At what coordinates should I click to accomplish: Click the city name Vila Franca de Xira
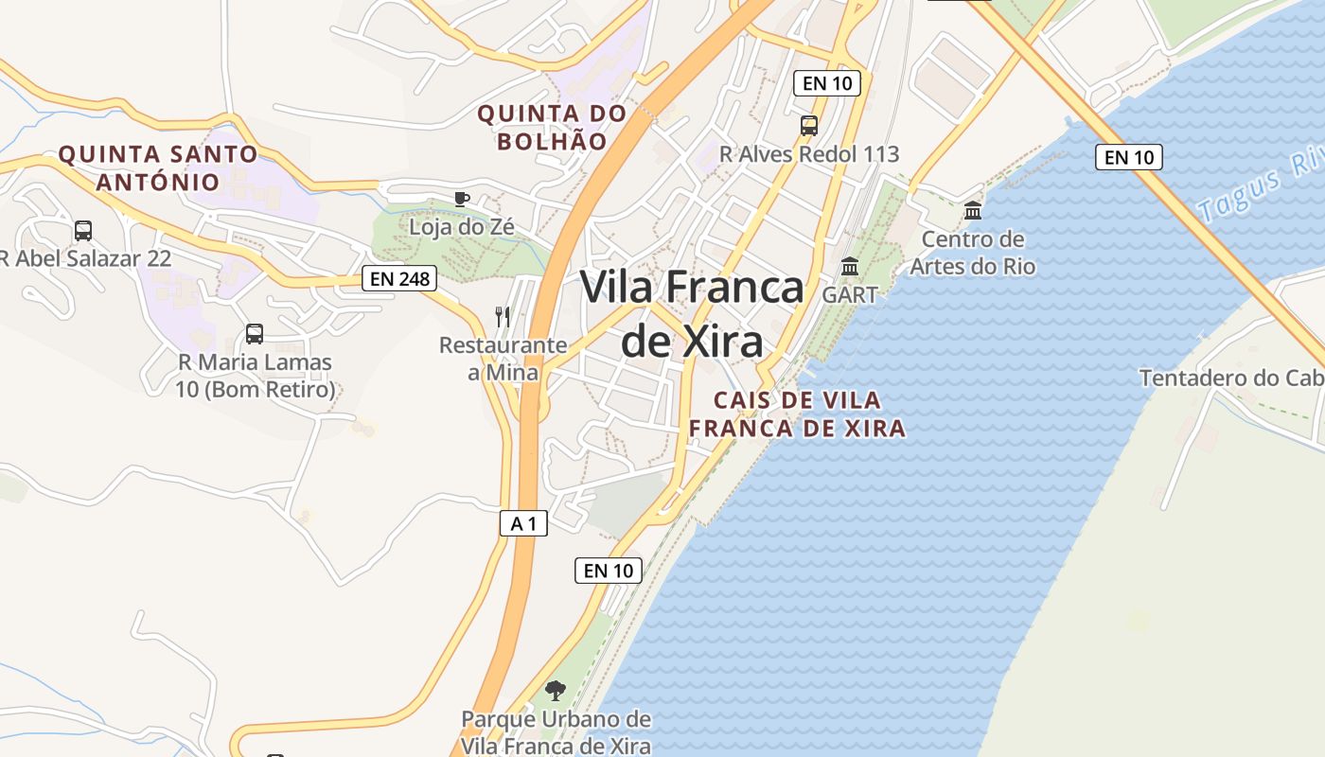[692, 313]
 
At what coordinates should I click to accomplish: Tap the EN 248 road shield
[399, 278]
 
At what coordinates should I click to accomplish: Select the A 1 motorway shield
[523, 523]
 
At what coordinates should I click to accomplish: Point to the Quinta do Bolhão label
[552, 128]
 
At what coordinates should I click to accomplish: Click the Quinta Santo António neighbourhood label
[158, 167]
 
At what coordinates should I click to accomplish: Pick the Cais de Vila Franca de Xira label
[797, 414]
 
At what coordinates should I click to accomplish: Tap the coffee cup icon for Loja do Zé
[461, 199]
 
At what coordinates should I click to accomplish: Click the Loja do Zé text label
[461, 227]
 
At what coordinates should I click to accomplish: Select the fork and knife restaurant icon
[503, 317]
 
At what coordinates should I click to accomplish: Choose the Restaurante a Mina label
[503, 359]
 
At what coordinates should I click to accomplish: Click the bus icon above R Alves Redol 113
[808, 125]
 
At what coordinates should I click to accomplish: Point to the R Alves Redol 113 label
[809, 154]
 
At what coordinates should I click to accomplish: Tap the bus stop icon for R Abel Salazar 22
[83, 230]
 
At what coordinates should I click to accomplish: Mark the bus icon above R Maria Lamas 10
[255, 333]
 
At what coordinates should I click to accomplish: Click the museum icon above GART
[850, 267]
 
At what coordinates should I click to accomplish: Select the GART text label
[850, 294]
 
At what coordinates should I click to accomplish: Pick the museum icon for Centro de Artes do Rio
[973, 210]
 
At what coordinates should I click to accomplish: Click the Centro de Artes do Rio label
[973, 253]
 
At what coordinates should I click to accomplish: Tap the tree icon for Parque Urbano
[556, 691]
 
